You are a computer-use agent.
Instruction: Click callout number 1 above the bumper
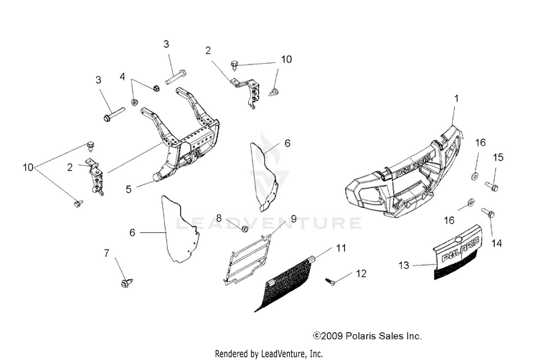456,98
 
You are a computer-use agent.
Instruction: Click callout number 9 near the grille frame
293,218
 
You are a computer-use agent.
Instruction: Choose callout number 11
341,248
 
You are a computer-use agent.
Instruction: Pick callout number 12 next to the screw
361,273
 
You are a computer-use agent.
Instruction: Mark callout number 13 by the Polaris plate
403,265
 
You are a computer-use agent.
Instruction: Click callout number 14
496,244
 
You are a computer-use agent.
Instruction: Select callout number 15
499,156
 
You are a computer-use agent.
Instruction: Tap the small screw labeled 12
331,280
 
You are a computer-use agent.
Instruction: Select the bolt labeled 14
487,213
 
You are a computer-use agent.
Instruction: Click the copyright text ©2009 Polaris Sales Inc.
367,336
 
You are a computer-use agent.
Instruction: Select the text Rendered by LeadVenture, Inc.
269,354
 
